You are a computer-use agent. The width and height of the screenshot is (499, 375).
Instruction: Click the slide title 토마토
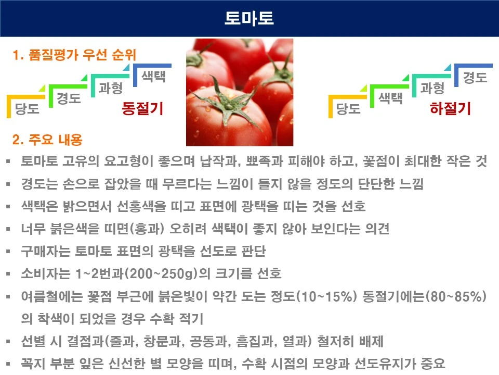[249, 18]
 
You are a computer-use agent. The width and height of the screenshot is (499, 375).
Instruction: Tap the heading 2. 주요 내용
[47, 140]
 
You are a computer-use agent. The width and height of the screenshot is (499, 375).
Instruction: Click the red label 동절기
[142, 108]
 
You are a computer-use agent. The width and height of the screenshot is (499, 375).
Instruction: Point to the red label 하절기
[450, 108]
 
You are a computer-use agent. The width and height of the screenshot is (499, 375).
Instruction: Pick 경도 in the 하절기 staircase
[475, 78]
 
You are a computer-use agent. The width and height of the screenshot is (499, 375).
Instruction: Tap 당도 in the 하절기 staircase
[349, 108]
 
